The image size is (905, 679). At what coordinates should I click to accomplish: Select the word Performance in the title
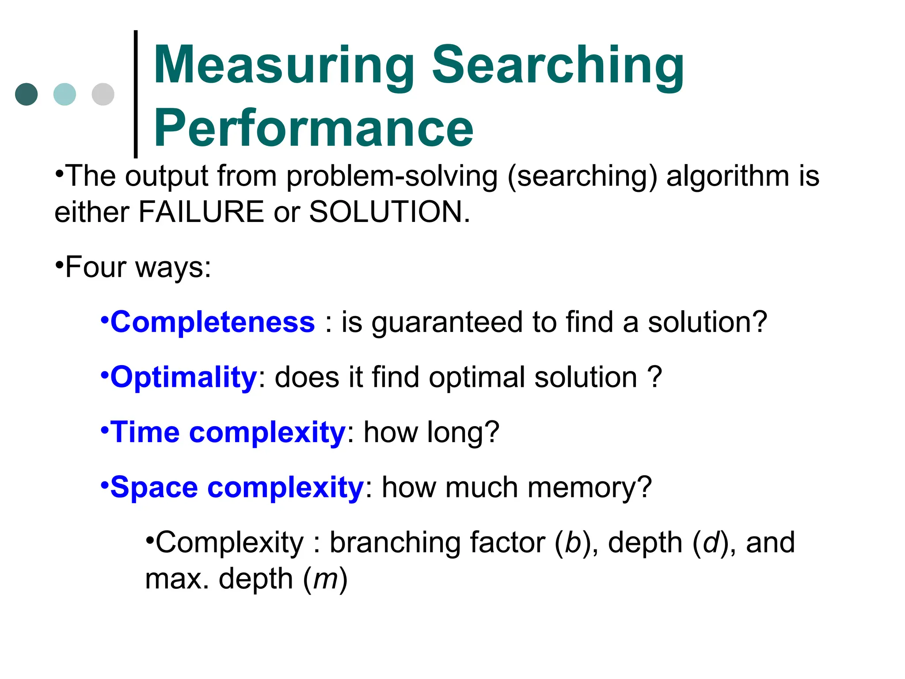click(313, 129)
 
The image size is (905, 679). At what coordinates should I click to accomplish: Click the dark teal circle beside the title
click(27, 94)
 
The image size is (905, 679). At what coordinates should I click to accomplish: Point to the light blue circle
click(65, 94)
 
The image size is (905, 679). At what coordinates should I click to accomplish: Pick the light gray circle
click(103, 94)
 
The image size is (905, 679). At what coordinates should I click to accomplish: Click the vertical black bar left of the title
click(136, 94)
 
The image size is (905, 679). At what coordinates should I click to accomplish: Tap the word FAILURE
click(201, 212)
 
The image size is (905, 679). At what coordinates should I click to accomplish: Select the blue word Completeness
click(213, 322)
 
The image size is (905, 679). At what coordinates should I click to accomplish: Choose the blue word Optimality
click(183, 377)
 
